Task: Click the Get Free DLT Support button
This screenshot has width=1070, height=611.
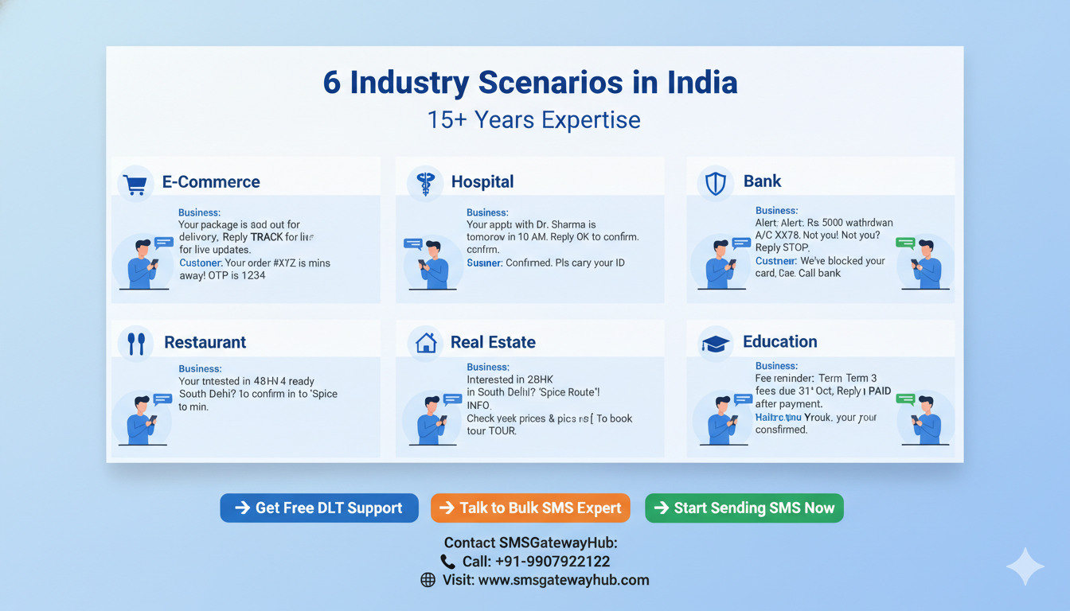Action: (x=319, y=508)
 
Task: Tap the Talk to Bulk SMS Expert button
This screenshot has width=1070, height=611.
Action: (x=530, y=508)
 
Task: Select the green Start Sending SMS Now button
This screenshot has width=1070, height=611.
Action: (x=744, y=508)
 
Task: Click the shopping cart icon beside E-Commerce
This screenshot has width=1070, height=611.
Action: (x=135, y=183)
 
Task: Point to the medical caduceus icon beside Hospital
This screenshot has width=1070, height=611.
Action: (x=424, y=183)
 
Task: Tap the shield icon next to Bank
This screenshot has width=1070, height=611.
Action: (x=716, y=183)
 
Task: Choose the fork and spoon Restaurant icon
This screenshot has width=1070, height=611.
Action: (x=136, y=343)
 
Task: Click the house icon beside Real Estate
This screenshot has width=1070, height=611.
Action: (x=426, y=343)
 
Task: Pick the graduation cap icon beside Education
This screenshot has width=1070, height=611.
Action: (x=715, y=343)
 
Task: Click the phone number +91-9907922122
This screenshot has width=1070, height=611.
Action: (x=536, y=562)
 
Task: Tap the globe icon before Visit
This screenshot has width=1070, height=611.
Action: (x=428, y=580)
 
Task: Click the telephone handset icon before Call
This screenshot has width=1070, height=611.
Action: (x=447, y=562)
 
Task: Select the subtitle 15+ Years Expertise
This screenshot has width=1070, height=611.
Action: (x=533, y=120)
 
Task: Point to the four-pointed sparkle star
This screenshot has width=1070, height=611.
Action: (x=1025, y=566)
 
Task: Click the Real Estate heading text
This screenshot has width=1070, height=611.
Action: (x=493, y=342)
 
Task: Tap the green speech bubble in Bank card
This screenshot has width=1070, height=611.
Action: (x=905, y=243)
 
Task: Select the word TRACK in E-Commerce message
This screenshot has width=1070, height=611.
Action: (x=267, y=237)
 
